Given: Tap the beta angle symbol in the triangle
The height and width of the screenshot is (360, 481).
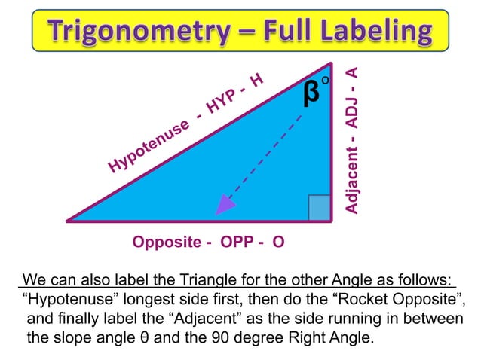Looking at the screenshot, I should tap(310, 94).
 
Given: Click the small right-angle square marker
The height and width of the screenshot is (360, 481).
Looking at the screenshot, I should tap(320, 208).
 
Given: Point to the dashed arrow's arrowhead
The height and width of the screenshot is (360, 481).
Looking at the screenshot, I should tap(223, 204).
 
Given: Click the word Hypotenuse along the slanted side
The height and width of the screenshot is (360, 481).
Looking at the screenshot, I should tap(148, 148).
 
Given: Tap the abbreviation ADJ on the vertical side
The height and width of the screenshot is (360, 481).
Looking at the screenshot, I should tap(351, 117).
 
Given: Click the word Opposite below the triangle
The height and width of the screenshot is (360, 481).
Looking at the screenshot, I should tap(166, 243).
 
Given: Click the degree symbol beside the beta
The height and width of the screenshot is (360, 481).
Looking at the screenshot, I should tap(326, 80).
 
